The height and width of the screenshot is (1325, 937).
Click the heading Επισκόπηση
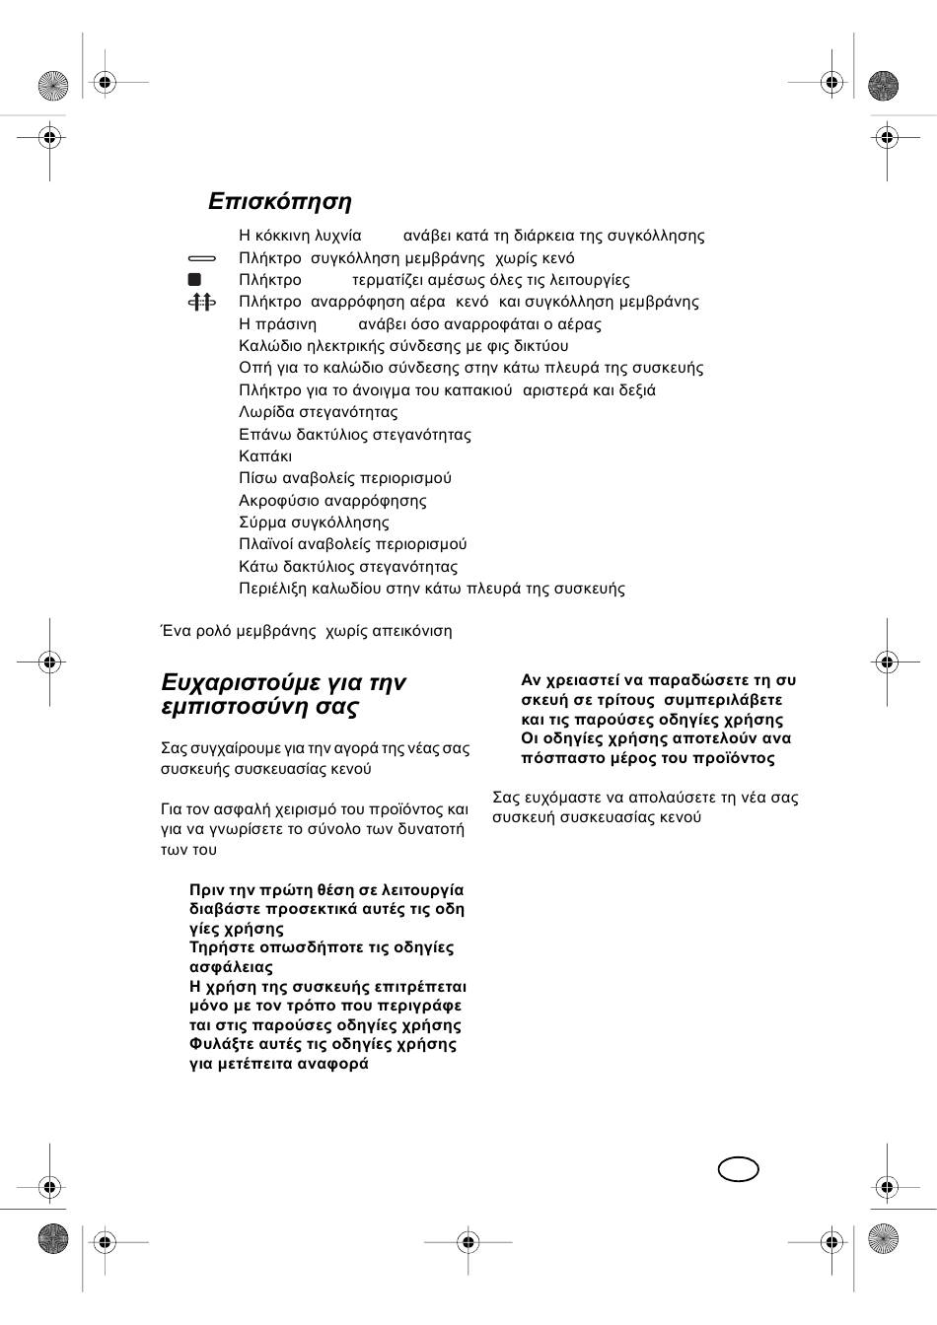(279, 201)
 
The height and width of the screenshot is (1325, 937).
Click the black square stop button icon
(194, 280)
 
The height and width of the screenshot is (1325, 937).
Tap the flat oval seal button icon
(201, 257)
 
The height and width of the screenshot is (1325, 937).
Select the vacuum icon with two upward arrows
(201, 302)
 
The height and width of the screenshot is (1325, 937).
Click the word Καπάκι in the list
(265, 456)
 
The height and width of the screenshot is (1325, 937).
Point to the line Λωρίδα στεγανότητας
(318, 412)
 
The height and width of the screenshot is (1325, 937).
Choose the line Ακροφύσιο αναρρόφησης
(332, 501)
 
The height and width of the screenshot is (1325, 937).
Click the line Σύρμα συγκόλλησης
(314, 523)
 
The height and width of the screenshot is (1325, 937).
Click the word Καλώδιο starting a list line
(271, 346)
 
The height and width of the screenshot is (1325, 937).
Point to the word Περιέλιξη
(272, 589)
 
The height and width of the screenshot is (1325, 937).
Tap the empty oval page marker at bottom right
(739, 1169)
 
